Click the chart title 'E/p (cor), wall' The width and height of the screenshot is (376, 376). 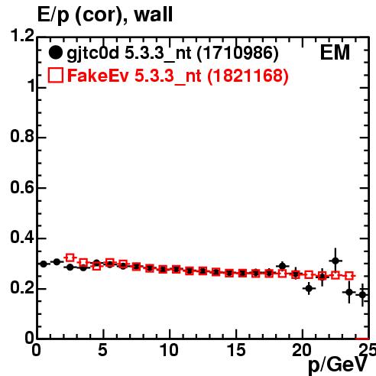click(x=105, y=15)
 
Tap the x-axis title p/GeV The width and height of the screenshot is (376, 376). click(x=338, y=365)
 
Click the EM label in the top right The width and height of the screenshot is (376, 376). click(x=335, y=53)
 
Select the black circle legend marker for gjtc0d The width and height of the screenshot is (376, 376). click(x=55, y=53)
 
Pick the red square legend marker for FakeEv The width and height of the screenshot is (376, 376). click(x=55, y=76)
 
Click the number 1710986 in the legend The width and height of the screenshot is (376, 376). click(x=238, y=53)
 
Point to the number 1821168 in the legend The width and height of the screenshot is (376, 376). click(x=248, y=76)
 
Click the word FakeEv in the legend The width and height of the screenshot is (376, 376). click(x=98, y=76)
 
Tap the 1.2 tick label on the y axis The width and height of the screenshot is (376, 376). click(x=22, y=35)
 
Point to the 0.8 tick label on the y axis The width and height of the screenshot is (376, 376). click(x=22, y=136)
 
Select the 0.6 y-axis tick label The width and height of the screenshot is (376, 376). click(x=22, y=187)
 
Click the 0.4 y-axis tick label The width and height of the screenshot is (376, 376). click(x=22, y=237)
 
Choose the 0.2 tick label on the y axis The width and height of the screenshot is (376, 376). click(x=22, y=288)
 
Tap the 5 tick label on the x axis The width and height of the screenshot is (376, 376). click(x=102, y=350)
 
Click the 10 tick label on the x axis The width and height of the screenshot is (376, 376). click(x=169, y=350)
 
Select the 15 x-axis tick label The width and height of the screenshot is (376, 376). click(x=236, y=350)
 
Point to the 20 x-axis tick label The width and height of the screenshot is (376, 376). click(x=302, y=350)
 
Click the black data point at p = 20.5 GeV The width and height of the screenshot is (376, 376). click(x=309, y=289)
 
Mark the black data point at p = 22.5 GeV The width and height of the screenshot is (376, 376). click(x=335, y=261)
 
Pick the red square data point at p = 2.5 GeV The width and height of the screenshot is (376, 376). click(x=70, y=258)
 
